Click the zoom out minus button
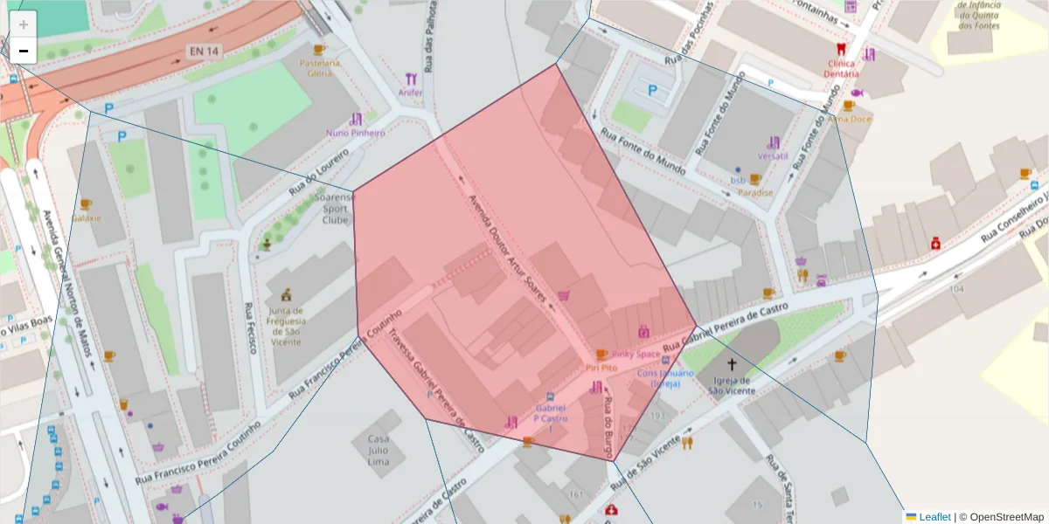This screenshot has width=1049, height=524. (24, 52)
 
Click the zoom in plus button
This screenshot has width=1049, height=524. (24, 24)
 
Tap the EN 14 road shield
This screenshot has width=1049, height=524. (203, 52)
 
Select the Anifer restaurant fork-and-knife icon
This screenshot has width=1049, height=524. (411, 79)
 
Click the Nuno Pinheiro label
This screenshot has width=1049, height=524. (355, 133)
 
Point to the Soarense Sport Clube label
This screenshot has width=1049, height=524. (335, 209)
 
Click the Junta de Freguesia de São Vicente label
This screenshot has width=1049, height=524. (286, 326)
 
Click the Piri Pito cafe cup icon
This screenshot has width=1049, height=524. (601, 355)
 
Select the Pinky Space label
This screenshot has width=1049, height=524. (636, 354)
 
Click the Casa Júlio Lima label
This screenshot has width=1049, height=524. (378, 450)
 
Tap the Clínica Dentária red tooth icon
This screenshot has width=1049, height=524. (841, 50)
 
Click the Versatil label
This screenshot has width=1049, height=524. (774, 155)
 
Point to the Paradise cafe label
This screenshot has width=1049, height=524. (755, 192)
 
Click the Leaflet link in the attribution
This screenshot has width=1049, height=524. (934, 516)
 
